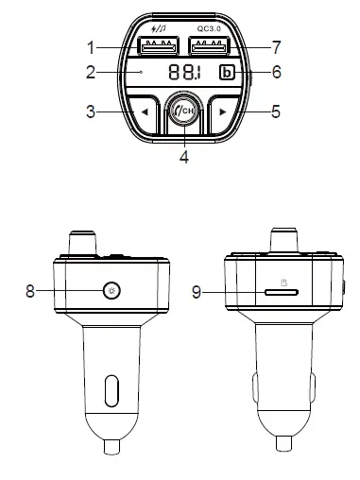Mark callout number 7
click(276, 45)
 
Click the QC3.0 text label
click(214, 29)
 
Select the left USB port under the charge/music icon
click(157, 47)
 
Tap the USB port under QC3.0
click(213, 47)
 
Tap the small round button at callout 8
click(112, 291)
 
